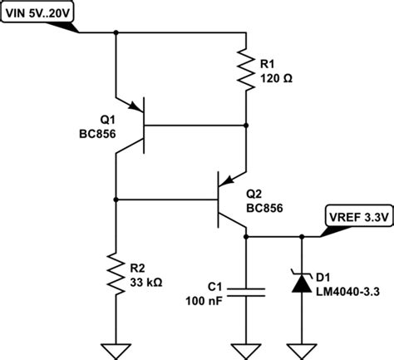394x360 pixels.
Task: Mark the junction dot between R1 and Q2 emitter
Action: pyautogui.click(x=247, y=125)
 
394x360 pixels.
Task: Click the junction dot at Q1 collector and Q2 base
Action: pyautogui.click(x=116, y=200)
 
